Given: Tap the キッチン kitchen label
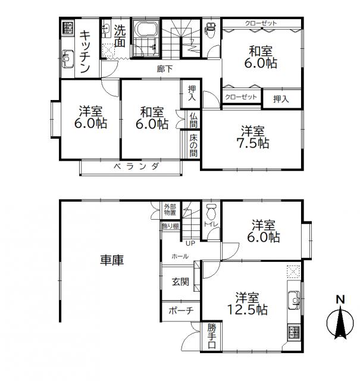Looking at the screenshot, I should [84, 52].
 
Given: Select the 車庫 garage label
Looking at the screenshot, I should [111, 260].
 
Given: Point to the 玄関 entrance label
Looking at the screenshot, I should [181, 282].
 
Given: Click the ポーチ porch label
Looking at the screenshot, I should [180, 311].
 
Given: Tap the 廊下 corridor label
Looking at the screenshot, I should [165, 69].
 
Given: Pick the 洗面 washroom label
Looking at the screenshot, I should [120, 35].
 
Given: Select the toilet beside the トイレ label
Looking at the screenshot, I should [211, 211].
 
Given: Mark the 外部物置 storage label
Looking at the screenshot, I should [170, 210].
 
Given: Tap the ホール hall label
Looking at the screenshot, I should [180, 256].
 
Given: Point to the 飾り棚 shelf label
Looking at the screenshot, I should [170, 226].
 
